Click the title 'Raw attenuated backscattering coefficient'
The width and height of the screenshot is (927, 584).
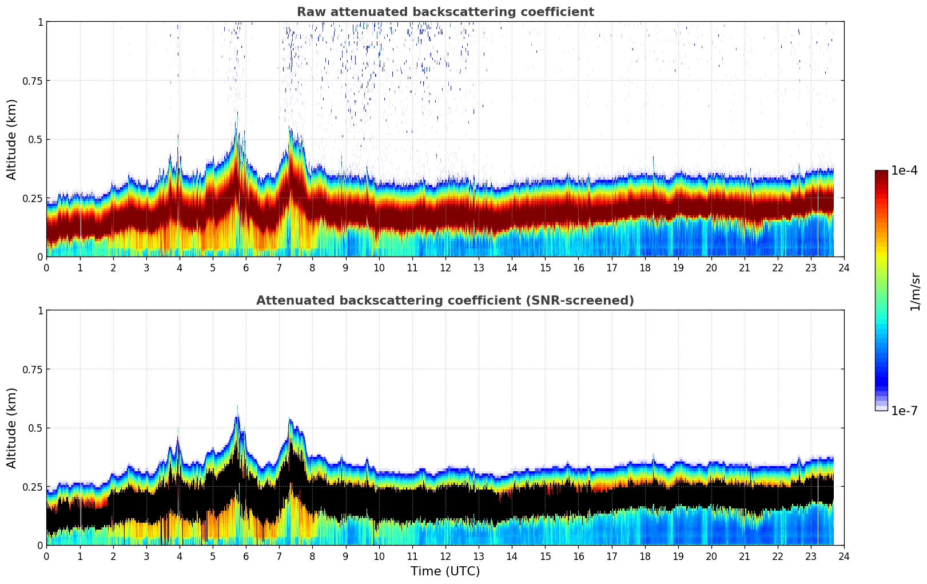point(445,12)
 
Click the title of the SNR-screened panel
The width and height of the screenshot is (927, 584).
point(445,301)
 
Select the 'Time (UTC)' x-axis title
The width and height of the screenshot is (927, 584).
point(445,571)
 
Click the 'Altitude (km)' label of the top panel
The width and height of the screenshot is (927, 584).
point(12,139)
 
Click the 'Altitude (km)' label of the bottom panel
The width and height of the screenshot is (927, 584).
point(12,428)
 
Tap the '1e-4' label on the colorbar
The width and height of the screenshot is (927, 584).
point(904,171)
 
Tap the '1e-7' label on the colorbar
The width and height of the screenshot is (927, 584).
point(904,411)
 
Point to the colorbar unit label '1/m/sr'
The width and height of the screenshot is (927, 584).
point(915,291)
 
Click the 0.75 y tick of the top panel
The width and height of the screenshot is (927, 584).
point(32,81)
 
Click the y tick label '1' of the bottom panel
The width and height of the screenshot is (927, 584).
point(40,311)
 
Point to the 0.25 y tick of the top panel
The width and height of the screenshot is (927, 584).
point(32,198)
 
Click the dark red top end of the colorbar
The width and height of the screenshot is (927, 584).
point(881,173)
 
